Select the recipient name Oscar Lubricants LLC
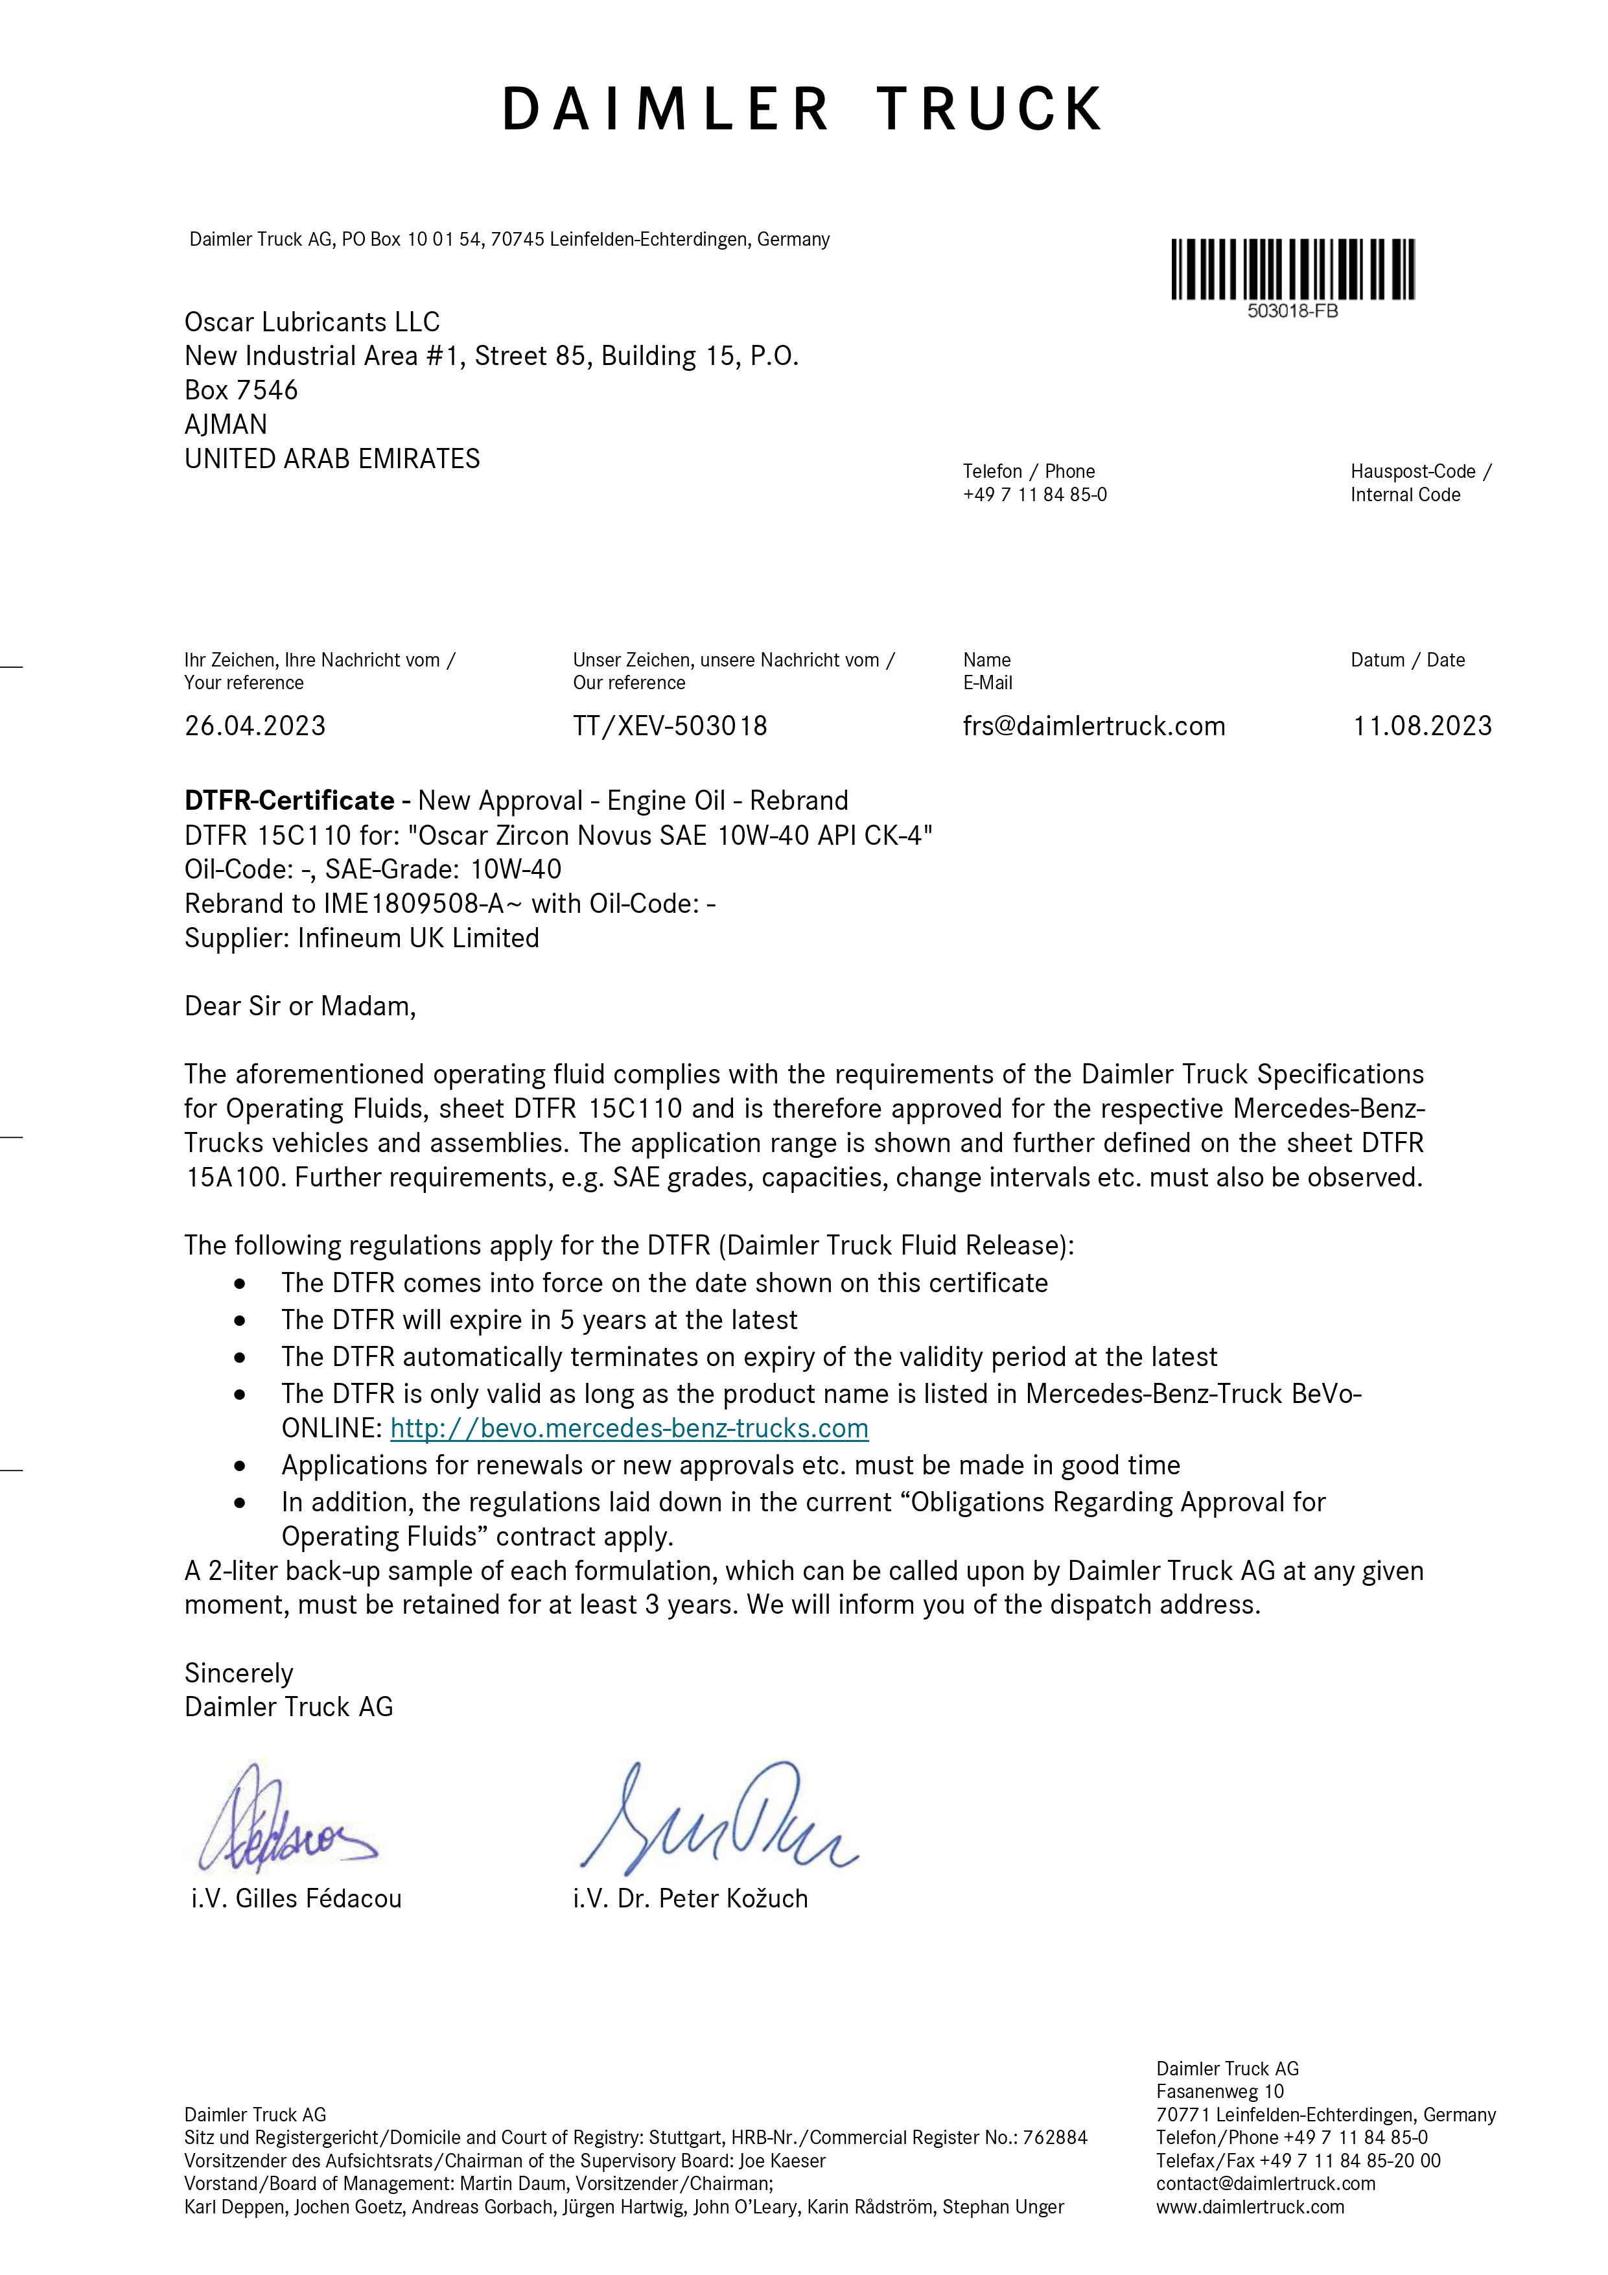click(312, 322)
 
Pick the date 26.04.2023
click(255, 726)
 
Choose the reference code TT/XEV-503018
click(670, 726)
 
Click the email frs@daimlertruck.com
click(1094, 726)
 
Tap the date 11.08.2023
click(1422, 726)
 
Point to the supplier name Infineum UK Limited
click(418, 938)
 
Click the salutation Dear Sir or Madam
click(299, 1007)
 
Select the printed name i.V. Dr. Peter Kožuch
click(690, 1898)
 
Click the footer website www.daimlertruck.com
click(1250, 2207)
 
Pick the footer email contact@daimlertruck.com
click(1265, 2184)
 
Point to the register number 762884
click(1055, 2138)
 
